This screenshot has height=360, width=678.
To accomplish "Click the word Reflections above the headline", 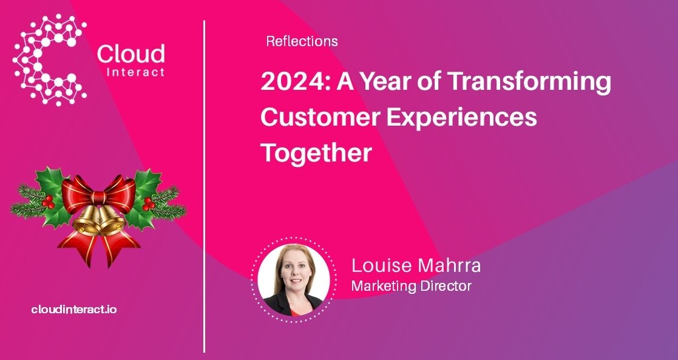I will [x=302, y=42].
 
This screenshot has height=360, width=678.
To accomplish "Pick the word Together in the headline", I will [x=316, y=152].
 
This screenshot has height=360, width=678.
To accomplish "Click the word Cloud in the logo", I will [x=131, y=55].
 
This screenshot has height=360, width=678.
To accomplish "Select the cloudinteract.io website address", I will [x=74, y=310].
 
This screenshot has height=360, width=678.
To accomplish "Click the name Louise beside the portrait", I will [x=381, y=266].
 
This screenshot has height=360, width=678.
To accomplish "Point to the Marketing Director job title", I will [x=411, y=286].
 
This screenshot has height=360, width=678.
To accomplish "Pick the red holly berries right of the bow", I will [x=147, y=203].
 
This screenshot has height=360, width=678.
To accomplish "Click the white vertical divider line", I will [x=205, y=182].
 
